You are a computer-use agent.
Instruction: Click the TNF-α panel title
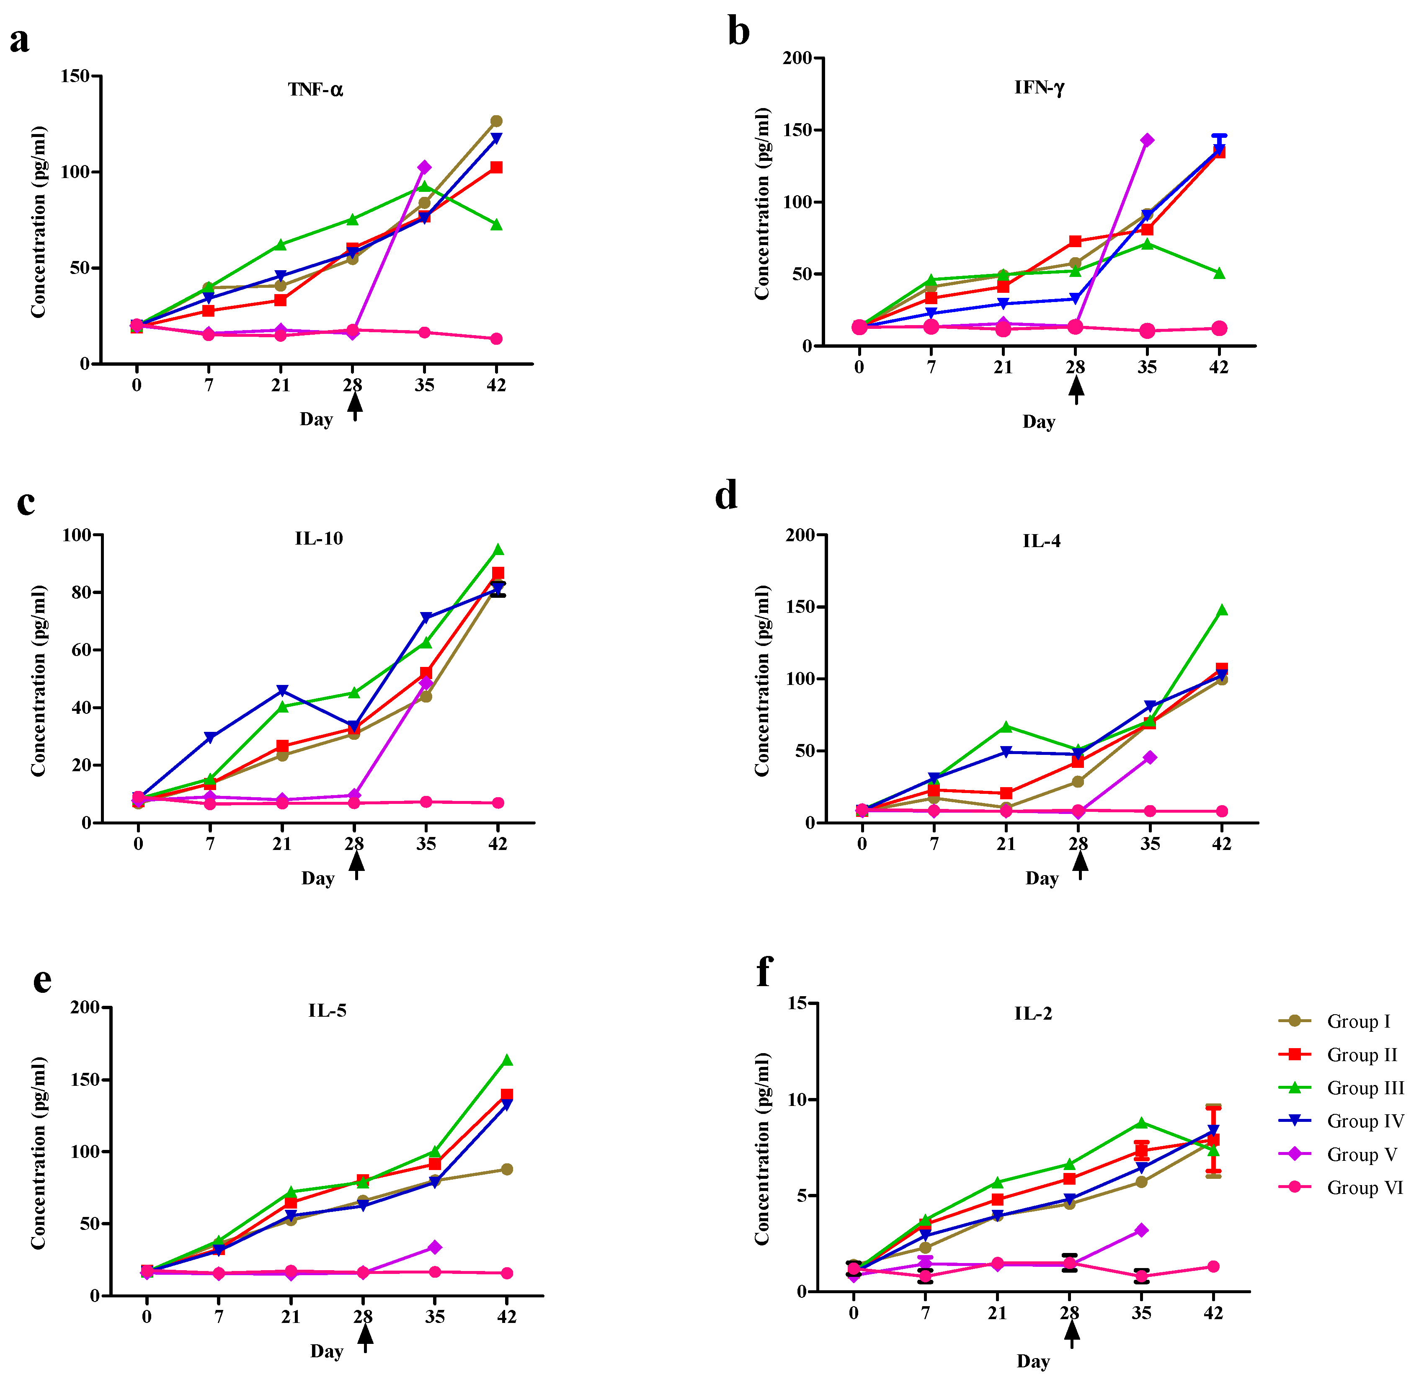[315, 90]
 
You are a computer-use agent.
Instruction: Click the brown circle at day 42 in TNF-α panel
[496, 121]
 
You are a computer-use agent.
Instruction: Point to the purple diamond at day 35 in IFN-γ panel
[1147, 140]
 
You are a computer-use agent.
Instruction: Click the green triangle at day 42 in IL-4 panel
[1222, 610]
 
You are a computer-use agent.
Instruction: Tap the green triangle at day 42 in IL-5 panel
[507, 1060]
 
